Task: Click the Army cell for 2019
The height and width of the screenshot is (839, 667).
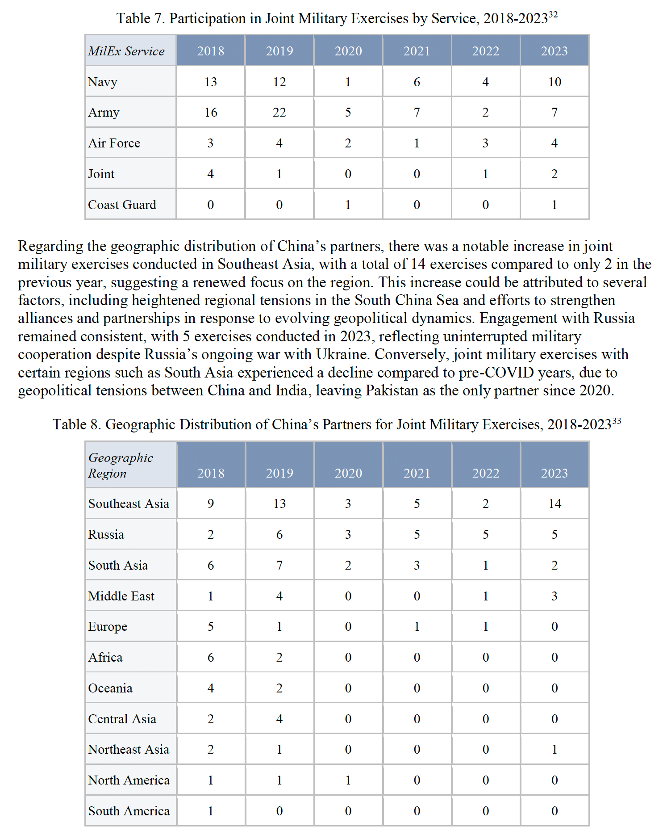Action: click(279, 112)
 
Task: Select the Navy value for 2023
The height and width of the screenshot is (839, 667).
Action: click(554, 82)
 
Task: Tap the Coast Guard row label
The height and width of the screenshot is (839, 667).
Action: click(122, 205)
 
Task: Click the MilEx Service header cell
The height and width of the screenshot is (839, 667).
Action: click(126, 51)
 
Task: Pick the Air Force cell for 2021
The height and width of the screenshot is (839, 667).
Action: click(417, 143)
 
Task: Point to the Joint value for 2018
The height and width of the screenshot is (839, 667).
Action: click(210, 174)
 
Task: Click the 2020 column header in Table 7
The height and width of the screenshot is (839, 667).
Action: click(348, 51)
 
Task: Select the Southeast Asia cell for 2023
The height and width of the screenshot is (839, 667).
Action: click(554, 503)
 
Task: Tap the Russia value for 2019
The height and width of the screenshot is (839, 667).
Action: click(279, 534)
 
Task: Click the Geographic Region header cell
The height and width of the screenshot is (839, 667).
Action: click(121, 465)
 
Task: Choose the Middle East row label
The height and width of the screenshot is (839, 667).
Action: click(121, 596)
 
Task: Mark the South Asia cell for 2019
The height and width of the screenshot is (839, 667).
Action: click(279, 565)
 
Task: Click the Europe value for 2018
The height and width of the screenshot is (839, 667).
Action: click(210, 626)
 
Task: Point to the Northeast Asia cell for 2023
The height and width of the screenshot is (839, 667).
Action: click(554, 749)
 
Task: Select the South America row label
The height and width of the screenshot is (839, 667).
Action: click(129, 811)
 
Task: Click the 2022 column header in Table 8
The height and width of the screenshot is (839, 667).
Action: click(486, 473)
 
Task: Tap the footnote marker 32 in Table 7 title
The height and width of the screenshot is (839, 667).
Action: click(553, 15)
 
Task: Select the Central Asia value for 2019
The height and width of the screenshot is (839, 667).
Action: click(279, 719)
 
